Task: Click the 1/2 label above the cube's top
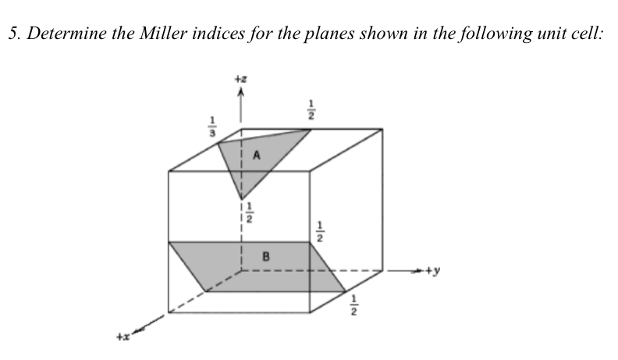[x=311, y=109]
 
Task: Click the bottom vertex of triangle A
[x=242, y=196]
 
